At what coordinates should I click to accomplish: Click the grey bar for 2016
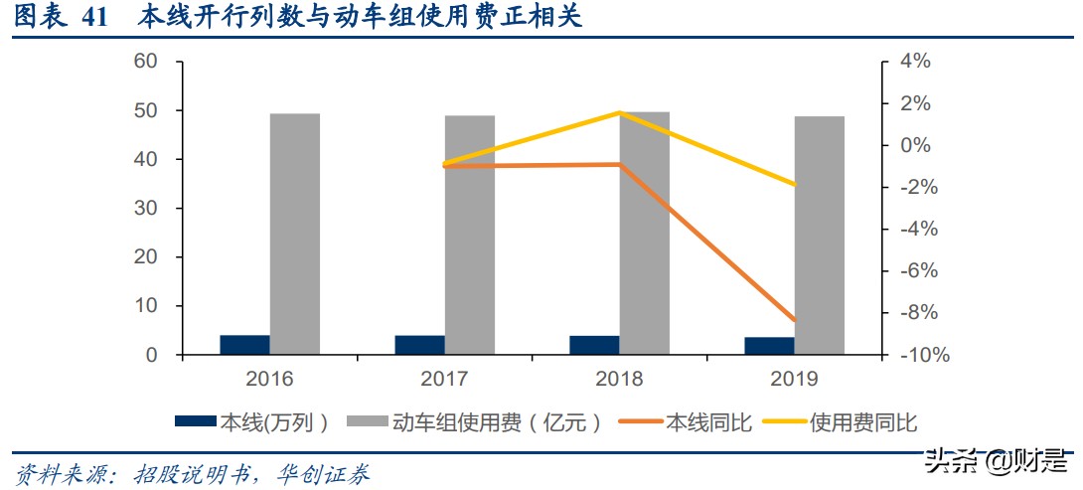pos(295,234)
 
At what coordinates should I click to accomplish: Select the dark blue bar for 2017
pos(419,345)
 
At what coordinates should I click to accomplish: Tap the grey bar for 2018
pos(644,233)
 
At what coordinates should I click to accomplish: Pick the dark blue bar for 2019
pos(769,346)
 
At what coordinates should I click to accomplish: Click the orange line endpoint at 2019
pos(795,321)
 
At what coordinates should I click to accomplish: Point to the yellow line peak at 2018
pos(620,112)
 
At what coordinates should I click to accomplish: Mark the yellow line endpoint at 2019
pos(795,185)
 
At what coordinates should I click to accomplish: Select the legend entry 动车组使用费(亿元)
pos(475,422)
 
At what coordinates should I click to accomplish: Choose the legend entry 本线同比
pos(686,422)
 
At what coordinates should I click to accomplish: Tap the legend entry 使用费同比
pos(840,422)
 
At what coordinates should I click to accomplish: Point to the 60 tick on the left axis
pos(146,62)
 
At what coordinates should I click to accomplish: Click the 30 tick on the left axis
pos(146,209)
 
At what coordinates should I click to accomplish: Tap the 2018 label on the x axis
pos(619,379)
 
